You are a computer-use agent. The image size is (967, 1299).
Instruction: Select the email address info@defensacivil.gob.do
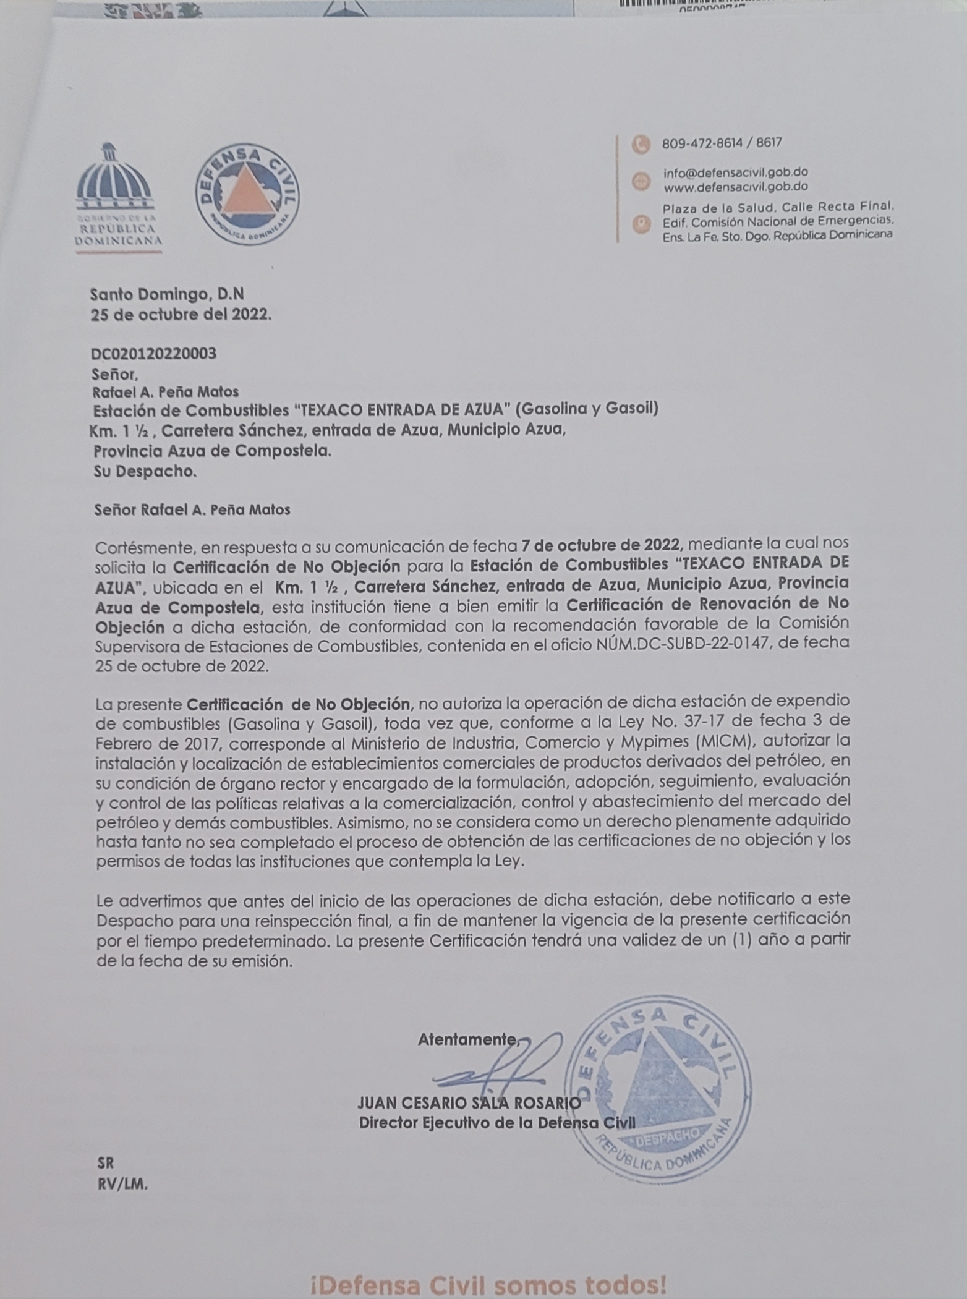pyautogui.click(x=735, y=172)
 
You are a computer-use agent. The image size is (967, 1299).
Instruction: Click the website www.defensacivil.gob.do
pyautogui.click(x=735, y=187)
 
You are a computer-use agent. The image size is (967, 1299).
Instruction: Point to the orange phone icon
pyautogui.click(x=641, y=144)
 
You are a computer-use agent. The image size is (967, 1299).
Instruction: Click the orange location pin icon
pyautogui.click(x=641, y=223)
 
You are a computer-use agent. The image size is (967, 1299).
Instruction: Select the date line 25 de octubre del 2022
pyautogui.click(x=181, y=315)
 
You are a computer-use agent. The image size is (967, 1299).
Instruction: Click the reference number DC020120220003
pyautogui.click(x=153, y=354)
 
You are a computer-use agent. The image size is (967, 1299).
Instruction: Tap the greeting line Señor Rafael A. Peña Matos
pyautogui.click(x=192, y=510)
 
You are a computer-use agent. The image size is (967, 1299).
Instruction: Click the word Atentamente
pyautogui.click(x=467, y=1039)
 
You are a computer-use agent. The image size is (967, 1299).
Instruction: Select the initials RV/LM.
pyautogui.click(x=122, y=1184)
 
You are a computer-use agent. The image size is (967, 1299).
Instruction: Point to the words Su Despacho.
pyautogui.click(x=145, y=472)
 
